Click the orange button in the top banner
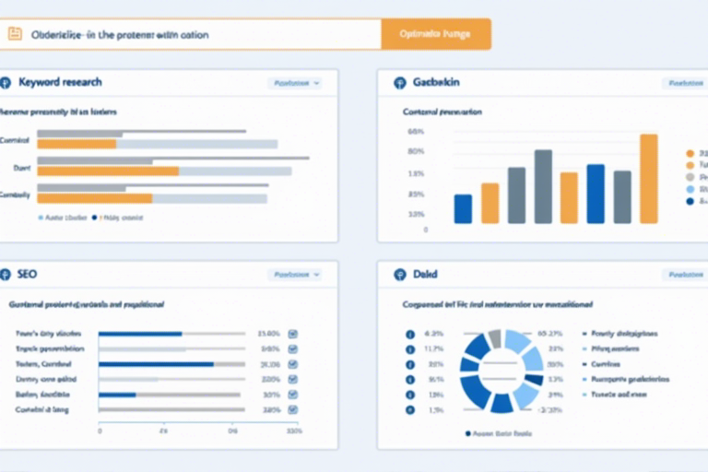coord(435,34)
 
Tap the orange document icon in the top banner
coord(15,34)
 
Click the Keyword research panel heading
coord(60,83)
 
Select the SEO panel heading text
coord(27,275)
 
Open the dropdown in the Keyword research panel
coord(295,83)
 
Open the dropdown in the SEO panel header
coord(295,275)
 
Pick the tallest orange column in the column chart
coord(649,179)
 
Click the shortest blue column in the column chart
coord(463,208)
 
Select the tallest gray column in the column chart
coord(543,186)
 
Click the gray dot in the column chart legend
coord(690,176)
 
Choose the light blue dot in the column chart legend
coord(690,188)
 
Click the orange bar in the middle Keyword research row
coord(108,171)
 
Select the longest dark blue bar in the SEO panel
coord(156,364)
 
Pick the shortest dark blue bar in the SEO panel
coord(117,395)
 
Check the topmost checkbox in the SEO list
coord(293,334)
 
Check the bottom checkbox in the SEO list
coord(293,409)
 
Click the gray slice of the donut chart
coord(494,338)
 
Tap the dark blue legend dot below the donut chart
coord(468,432)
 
